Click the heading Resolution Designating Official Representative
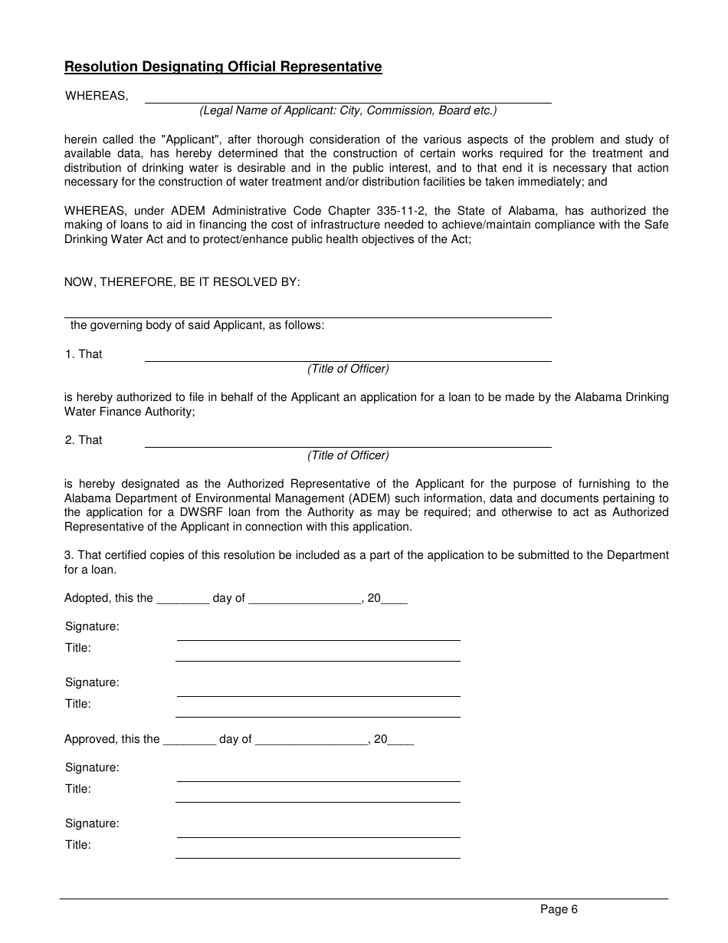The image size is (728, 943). coord(223,67)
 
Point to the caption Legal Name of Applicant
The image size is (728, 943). coord(348,110)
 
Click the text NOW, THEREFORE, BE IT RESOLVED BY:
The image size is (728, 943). coord(182,282)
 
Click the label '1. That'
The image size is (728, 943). coord(84,354)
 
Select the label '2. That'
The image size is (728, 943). coord(84,440)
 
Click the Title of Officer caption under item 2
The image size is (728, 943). coord(348,455)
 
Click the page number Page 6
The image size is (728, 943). coord(559,910)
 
